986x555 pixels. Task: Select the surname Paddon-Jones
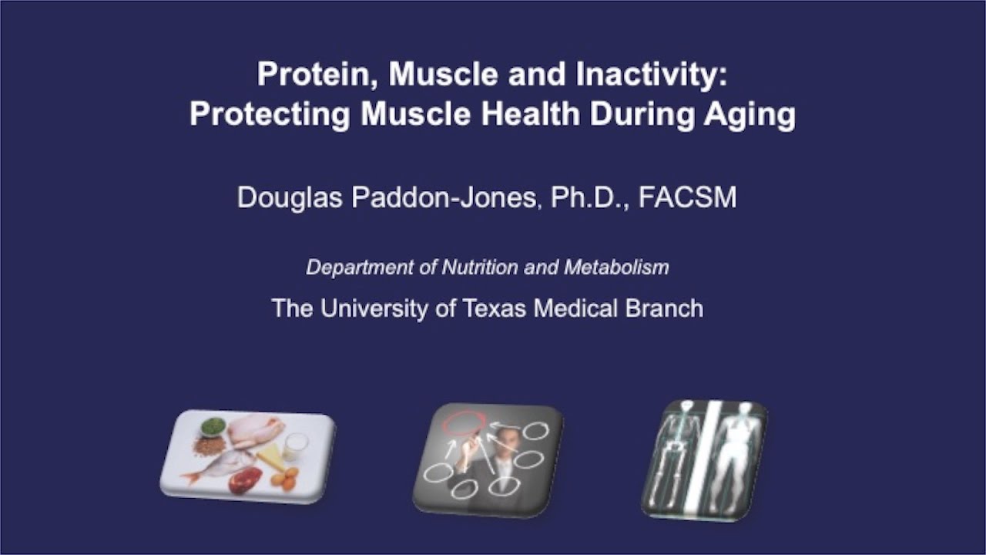tap(435, 197)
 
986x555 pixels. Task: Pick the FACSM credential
tap(687, 197)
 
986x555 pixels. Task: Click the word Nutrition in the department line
tap(478, 267)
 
